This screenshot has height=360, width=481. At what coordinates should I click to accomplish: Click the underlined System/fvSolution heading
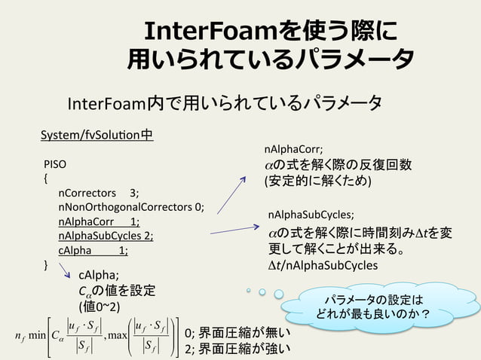click(97, 136)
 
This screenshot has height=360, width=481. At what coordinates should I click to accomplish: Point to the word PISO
click(55, 163)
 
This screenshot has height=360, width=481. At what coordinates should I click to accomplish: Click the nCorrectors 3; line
click(98, 193)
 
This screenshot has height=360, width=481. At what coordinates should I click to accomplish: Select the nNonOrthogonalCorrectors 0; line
click(131, 207)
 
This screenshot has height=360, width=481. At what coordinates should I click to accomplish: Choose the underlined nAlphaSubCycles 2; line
click(106, 236)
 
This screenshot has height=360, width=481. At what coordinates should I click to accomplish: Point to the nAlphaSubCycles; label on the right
click(311, 215)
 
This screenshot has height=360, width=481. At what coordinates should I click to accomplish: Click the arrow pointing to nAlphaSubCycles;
click(234, 229)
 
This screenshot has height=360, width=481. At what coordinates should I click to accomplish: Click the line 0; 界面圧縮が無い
click(237, 333)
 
